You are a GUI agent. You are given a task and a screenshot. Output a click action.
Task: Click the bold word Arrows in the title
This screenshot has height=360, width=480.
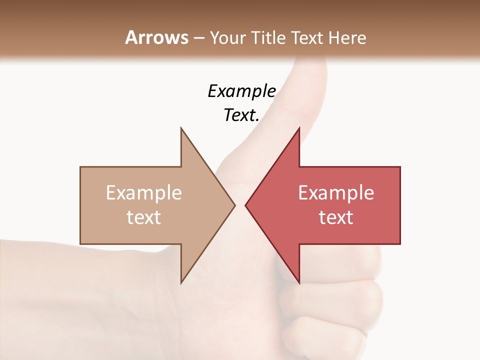point(157,37)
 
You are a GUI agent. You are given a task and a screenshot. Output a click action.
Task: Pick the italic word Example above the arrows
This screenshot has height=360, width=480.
point(241,91)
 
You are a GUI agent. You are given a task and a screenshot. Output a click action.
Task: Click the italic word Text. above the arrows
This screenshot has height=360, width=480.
point(241,115)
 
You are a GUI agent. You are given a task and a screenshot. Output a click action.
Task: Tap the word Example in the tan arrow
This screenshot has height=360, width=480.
point(143,193)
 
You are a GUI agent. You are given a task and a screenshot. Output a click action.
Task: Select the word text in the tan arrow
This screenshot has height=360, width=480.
point(143,217)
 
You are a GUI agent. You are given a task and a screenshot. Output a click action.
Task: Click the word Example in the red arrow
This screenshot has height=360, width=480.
point(336,193)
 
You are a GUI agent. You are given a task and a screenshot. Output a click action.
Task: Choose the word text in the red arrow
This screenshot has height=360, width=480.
point(336,217)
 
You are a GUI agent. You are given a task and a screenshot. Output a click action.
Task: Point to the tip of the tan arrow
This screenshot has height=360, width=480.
point(234,205)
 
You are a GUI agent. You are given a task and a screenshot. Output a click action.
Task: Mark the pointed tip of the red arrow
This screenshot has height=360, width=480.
point(246,205)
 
